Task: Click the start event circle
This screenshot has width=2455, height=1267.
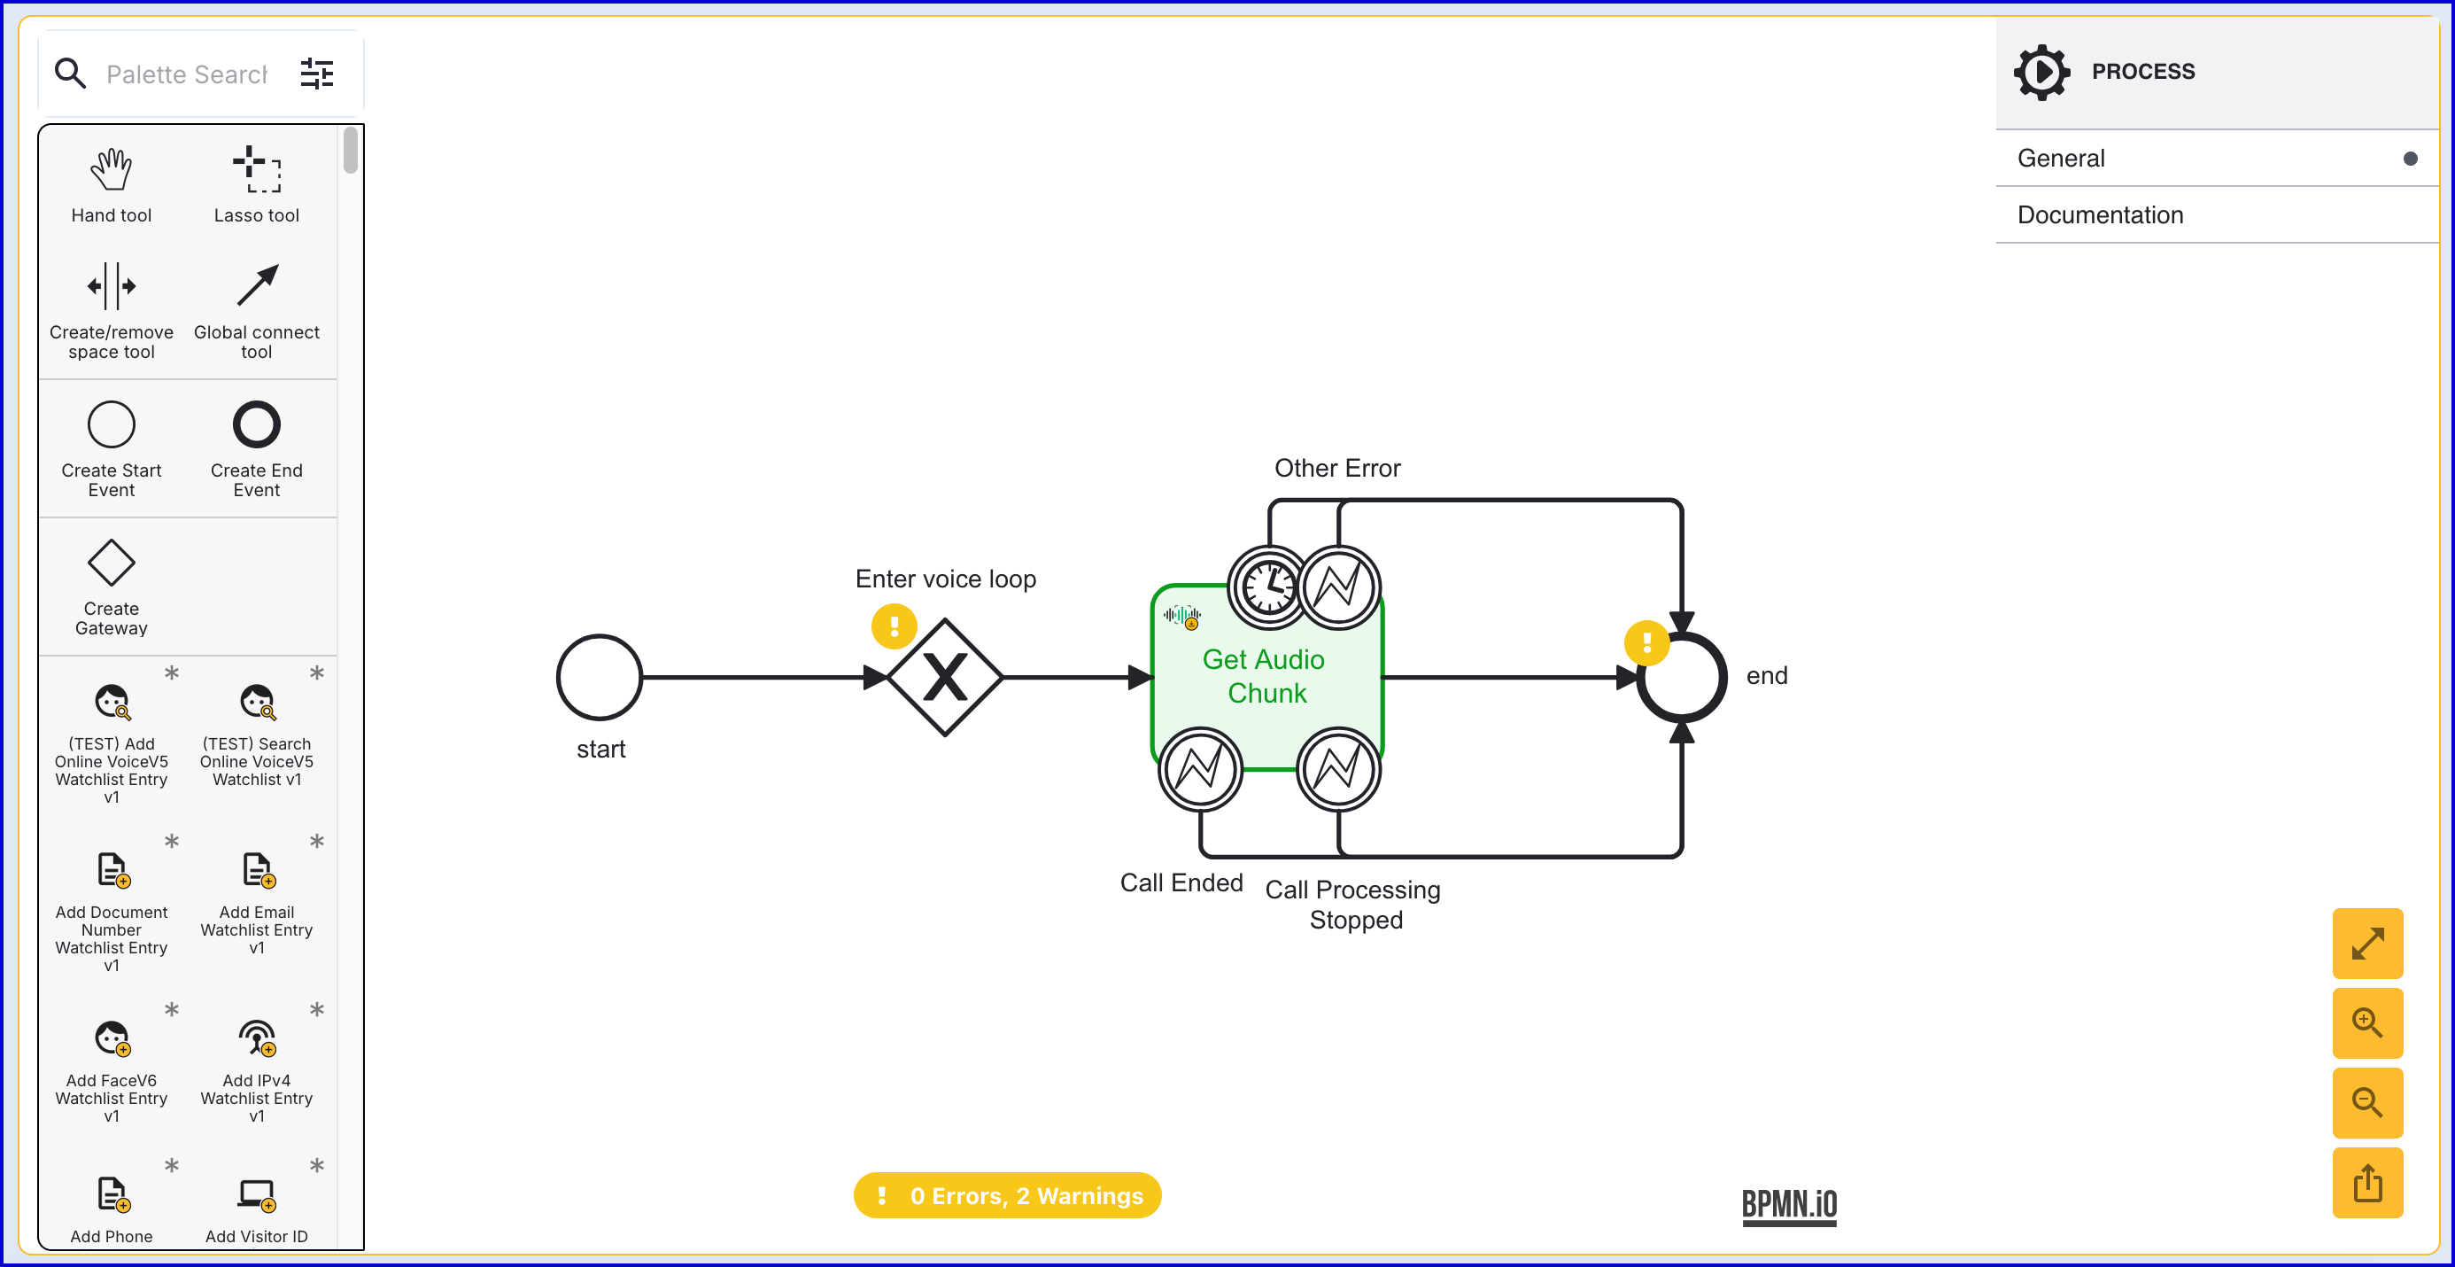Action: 600,678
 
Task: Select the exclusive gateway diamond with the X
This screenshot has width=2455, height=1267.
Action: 944,678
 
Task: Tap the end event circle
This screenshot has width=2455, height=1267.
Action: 1682,678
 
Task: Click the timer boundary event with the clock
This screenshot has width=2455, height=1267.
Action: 1268,587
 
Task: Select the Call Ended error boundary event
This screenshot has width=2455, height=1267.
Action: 1200,769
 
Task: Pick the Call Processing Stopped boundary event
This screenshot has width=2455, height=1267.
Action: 1339,769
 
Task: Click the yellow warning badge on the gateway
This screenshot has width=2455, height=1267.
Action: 894,626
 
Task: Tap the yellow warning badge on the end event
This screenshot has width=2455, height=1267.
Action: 1646,643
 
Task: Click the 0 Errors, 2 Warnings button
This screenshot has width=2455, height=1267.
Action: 1007,1195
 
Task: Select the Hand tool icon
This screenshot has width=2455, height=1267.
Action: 112,170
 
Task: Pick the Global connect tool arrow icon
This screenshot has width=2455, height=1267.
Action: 258,285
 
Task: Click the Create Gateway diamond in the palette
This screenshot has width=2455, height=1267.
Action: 112,563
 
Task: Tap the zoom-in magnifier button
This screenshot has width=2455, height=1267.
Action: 2367,1023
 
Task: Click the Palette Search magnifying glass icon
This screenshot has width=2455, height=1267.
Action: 71,74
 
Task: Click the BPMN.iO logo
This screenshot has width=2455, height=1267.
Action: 1789,1206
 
